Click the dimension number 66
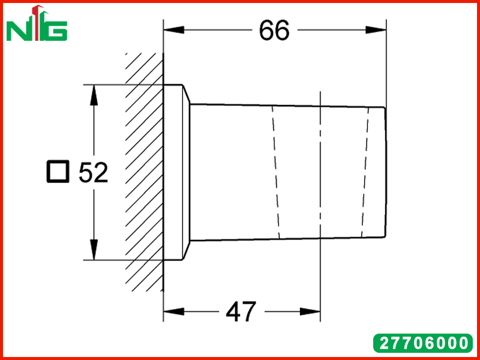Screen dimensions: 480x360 click(274, 31)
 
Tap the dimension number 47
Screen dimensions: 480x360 click(241, 312)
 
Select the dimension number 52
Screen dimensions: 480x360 click(94, 172)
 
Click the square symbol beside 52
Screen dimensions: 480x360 click(58, 172)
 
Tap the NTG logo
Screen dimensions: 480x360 click(37, 23)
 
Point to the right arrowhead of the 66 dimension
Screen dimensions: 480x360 click(376, 30)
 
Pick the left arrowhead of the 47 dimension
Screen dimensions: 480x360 click(174, 311)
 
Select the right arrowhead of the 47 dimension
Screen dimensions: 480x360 click(310, 311)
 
